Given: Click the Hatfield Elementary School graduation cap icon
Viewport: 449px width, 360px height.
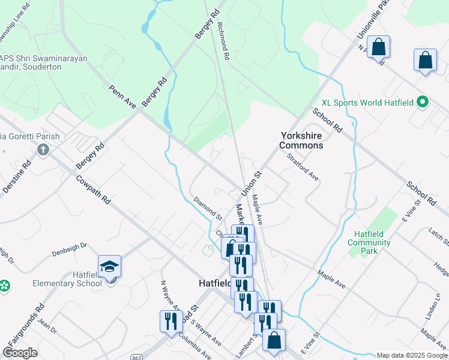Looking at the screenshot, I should pos(110,266).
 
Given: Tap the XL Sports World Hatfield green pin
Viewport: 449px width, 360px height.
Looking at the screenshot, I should pos(423,103).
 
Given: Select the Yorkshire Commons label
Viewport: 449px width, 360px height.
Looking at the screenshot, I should pos(301,140).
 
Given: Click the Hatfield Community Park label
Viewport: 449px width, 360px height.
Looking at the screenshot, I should pos(369,242).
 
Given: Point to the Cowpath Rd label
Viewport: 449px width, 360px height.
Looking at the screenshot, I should pos(93,190).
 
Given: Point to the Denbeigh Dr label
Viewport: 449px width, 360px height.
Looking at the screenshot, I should pos(70,246).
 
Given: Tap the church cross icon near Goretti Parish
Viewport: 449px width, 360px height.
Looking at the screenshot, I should pos(43,150).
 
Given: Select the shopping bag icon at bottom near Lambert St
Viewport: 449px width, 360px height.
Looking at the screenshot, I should pos(274,340).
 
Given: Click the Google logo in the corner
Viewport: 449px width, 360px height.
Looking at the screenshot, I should pos(20,353).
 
